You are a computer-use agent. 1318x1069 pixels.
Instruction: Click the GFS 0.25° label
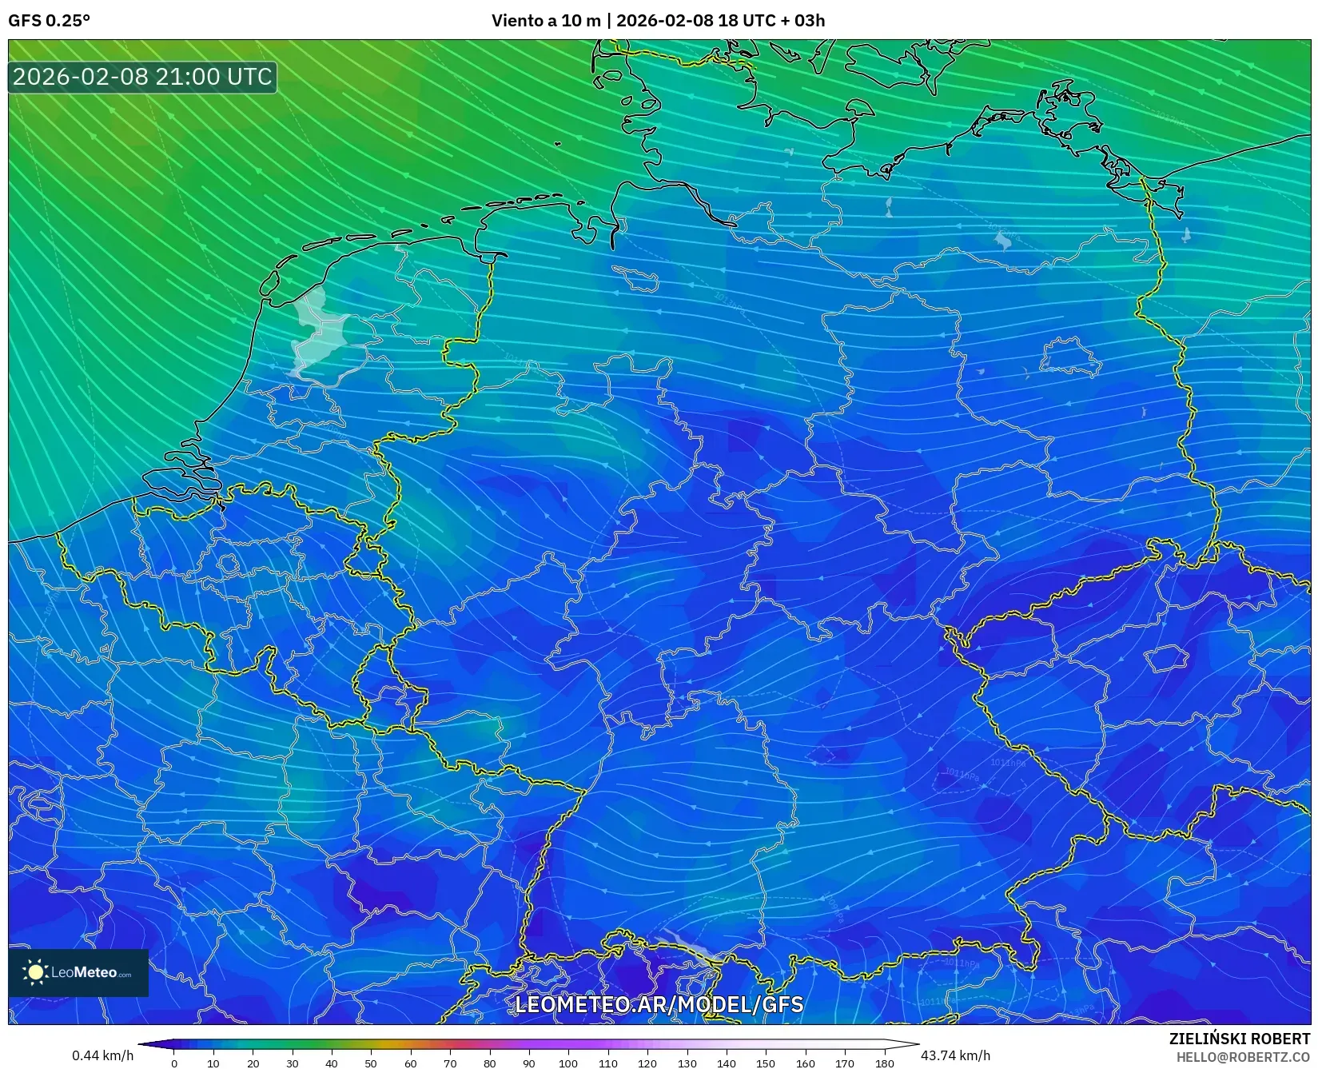(x=49, y=21)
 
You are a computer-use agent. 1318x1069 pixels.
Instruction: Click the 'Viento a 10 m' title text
(x=545, y=21)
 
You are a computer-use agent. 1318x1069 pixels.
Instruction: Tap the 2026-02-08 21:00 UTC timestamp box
(x=142, y=78)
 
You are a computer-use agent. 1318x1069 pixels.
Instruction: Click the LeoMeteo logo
(x=78, y=972)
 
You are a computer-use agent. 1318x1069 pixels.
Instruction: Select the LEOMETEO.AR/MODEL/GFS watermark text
(x=659, y=1004)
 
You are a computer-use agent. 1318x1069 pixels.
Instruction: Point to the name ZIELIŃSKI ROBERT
(x=1239, y=1039)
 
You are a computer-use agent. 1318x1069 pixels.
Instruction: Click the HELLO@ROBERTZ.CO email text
(x=1243, y=1057)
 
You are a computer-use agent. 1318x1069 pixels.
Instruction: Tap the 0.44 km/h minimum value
(x=102, y=1055)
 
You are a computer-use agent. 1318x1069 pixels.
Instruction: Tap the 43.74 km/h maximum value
(x=955, y=1055)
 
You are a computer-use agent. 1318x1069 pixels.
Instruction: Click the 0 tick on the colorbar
(x=174, y=1063)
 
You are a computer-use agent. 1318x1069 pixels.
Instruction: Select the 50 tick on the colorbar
(x=371, y=1063)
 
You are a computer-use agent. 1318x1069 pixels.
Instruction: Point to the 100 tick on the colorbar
(x=567, y=1063)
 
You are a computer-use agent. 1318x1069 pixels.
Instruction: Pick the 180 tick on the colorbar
(x=884, y=1063)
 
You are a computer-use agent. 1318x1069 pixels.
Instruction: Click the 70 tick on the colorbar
(x=450, y=1063)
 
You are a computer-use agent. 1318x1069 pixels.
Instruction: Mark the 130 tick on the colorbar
(x=687, y=1063)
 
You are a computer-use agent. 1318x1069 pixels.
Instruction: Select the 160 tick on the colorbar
(x=805, y=1063)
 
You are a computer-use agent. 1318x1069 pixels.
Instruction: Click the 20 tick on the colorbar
(x=253, y=1063)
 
